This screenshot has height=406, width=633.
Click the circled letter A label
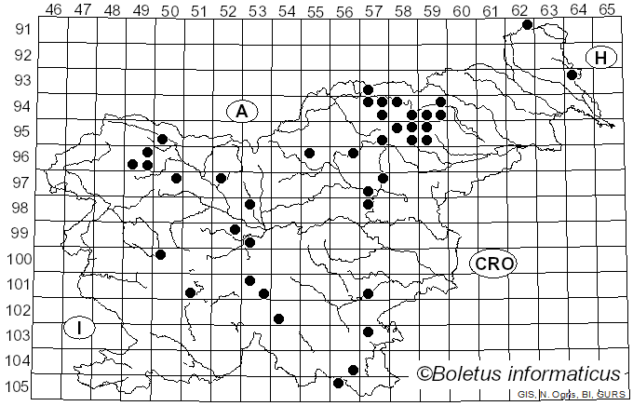241,111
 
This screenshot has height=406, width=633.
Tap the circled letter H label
601,58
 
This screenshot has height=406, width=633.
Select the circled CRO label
493,264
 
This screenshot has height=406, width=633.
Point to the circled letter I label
80,328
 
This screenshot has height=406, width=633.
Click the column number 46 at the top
53,9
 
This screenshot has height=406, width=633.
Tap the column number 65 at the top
607,9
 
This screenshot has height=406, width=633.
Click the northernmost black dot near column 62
527,24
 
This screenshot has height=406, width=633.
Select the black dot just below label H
572,74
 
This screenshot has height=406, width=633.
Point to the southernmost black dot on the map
338,383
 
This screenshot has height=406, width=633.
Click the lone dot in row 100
160,254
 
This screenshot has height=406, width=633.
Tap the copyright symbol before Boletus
424,374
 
